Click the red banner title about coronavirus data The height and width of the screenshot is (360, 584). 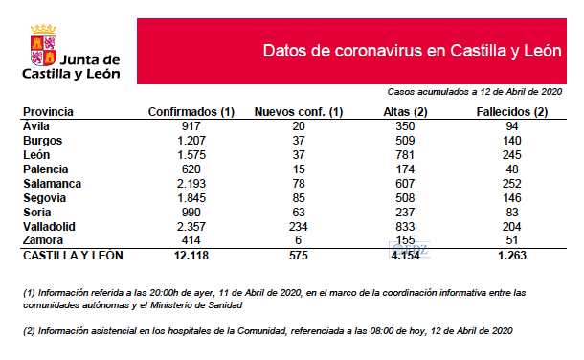tap(411, 51)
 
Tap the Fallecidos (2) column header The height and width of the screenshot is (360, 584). tap(511, 112)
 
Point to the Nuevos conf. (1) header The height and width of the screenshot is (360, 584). tap(298, 112)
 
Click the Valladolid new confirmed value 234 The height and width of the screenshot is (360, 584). tap(298, 226)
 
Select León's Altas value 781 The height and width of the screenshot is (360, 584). tap(403, 154)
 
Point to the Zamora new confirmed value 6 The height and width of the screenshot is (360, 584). tap(298, 240)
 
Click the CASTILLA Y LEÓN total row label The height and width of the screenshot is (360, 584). tap(73, 256)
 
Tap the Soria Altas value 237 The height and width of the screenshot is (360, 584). tap(403, 212)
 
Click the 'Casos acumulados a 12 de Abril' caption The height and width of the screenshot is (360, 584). tap(474, 92)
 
